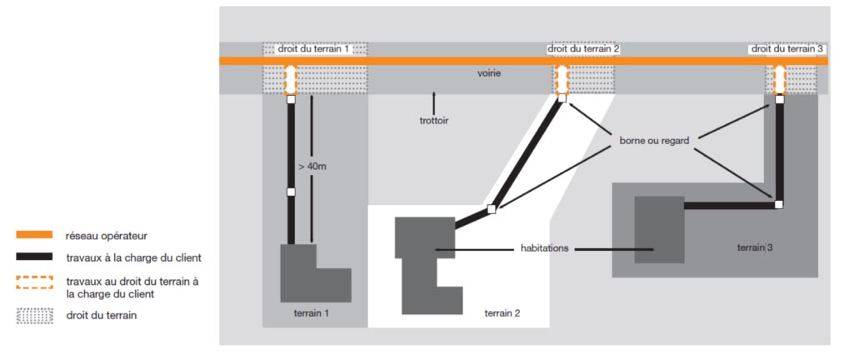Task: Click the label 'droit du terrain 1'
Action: coord(313,49)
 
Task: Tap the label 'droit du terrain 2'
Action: coord(584,49)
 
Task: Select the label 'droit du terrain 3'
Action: coord(787,49)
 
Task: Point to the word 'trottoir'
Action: coord(434,121)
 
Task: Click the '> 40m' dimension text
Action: coord(312,167)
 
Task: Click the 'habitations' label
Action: coord(545,248)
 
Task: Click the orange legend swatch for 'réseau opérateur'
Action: coord(34,236)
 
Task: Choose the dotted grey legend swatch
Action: coord(34,316)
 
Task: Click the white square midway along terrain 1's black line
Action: coord(291,192)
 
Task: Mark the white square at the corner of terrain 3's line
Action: coord(778,204)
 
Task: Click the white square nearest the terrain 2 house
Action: coord(491,209)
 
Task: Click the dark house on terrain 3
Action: coord(659,229)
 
